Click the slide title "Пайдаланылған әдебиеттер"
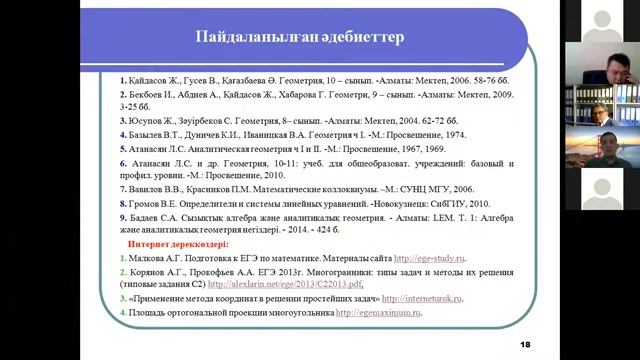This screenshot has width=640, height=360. coord(299,38)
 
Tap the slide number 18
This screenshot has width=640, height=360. coord(526,345)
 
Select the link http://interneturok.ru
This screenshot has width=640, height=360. coord(421,298)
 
